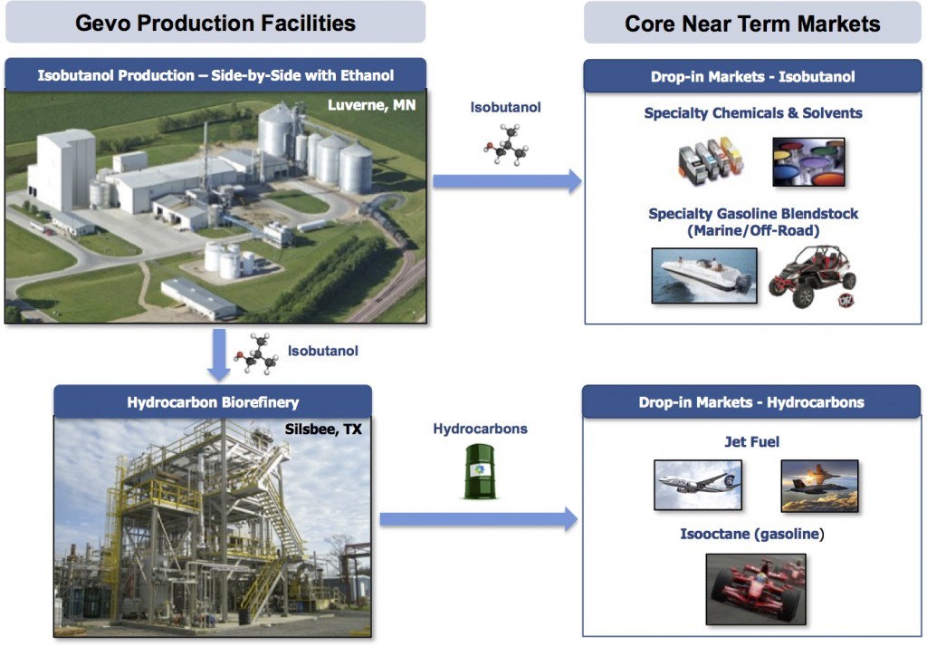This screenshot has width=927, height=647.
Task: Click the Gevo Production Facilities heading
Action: [x=215, y=23]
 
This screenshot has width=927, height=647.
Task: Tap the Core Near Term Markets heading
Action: [x=752, y=23]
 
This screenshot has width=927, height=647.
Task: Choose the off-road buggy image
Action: [x=812, y=276]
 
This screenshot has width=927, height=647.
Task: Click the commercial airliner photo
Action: [x=697, y=485]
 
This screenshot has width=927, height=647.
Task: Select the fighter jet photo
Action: [x=819, y=486]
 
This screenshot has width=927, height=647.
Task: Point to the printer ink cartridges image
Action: [x=711, y=161]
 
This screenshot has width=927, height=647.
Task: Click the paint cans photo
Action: [x=808, y=162]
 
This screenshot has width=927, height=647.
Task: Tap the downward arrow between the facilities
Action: [x=219, y=354]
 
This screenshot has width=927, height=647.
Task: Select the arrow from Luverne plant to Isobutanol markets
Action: [x=506, y=182]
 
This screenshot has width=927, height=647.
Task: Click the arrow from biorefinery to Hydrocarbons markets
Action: [x=478, y=519]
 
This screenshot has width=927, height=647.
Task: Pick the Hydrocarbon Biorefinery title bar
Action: [x=213, y=401]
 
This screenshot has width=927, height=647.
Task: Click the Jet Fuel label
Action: [x=752, y=442]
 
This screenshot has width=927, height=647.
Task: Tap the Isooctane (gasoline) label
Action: [x=752, y=534]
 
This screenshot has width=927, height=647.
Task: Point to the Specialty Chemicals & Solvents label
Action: [x=753, y=113]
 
